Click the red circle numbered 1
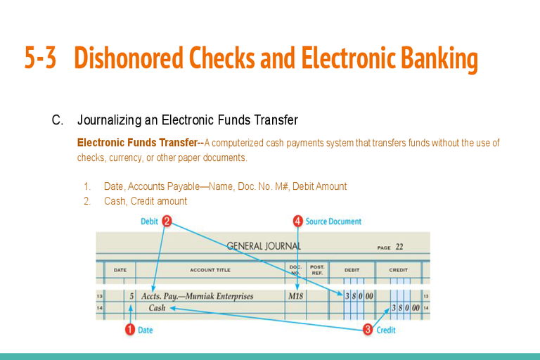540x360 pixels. pos(129,330)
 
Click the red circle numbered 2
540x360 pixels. pos(167,221)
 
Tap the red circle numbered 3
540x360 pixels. pos(368,330)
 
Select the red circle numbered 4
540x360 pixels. pos(298,221)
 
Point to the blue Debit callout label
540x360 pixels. pos(149,221)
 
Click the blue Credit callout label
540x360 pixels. pos(386,330)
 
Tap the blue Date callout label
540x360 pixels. pos(145,330)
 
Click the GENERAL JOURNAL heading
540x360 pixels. pos(264,246)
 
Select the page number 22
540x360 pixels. pos(399,247)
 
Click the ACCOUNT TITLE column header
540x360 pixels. pos(210,269)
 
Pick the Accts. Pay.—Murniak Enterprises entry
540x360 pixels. pos(197,296)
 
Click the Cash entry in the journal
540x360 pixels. pos(157,307)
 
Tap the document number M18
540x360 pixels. pos(296,296)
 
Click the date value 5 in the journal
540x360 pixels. pos(131,296)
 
